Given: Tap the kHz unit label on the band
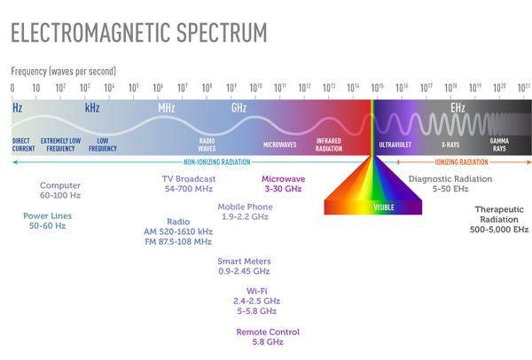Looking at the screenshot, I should click(x=92, y=107).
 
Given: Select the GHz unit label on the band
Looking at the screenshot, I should click(x=239, y=107).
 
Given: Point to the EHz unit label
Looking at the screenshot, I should click(x=458, y=107).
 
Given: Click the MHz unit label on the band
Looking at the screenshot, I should click(x=166, y=107).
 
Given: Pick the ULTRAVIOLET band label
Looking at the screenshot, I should click(x=395, y=144).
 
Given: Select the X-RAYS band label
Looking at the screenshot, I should click(x=450, y=144).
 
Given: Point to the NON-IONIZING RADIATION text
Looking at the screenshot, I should click(x=216, y=162).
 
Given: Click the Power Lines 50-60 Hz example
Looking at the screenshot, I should click(x=49, y=221).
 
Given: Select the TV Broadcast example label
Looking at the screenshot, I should click(x=189, y=184).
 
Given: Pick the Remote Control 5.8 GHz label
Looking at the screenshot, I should click(x=268, y=337).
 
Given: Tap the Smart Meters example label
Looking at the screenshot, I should click(x=244, y=266).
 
